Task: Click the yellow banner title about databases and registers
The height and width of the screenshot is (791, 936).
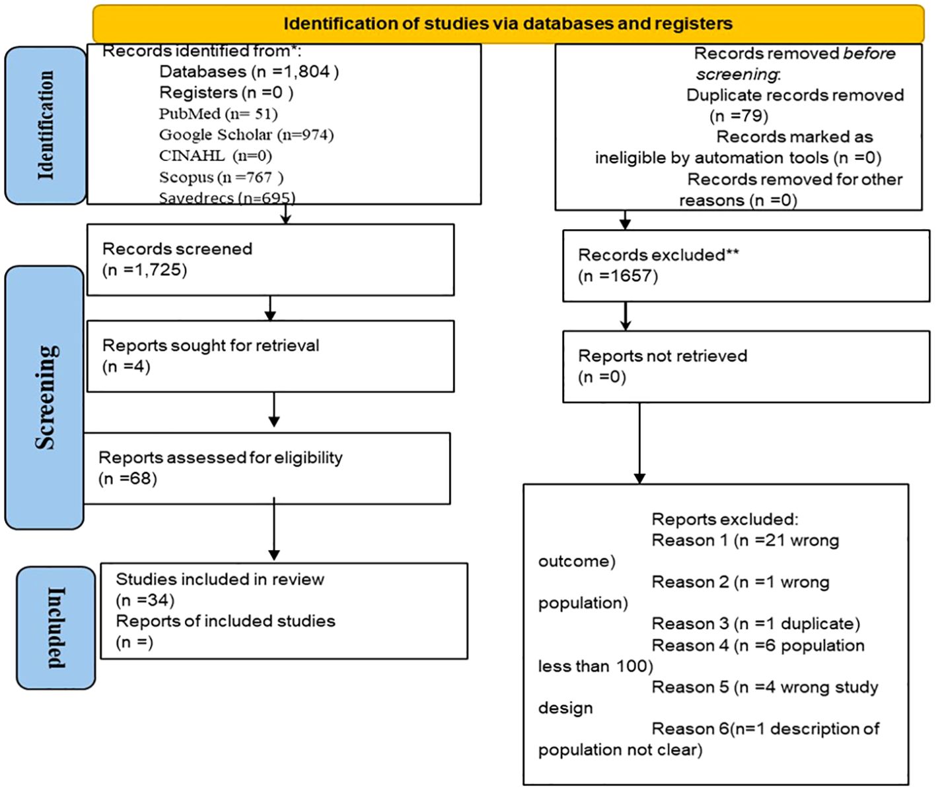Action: (507, 24)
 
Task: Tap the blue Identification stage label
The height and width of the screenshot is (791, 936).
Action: (46, 125)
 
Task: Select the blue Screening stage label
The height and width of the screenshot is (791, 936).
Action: (44, 397)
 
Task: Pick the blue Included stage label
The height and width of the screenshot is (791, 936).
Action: (56, 627)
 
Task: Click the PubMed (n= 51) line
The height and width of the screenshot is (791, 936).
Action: (218, 114)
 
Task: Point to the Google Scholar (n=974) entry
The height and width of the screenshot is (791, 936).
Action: (246, 135)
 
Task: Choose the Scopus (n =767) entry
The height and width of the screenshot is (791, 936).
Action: (221, 177)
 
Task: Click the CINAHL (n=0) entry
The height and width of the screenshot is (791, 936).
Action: (215, 156)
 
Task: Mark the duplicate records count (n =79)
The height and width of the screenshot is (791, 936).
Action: (739, 116)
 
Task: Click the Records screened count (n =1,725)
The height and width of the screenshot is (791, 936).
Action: (145, 270)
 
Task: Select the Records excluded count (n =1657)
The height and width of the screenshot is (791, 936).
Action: (618, 276)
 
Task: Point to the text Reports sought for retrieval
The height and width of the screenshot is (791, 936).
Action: (211, 345)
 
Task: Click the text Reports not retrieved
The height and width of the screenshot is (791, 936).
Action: (663, 356)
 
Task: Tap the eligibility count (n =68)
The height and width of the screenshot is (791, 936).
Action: (127, 479)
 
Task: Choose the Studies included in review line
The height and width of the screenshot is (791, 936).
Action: (220, 580)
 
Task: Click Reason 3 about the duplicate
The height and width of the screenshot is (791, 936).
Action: (756, 624)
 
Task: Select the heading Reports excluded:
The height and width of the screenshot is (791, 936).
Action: (725, 520)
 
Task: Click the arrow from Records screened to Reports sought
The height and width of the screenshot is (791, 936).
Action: (270, 308)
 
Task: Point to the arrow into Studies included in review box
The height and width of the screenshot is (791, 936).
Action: (274, 529)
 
